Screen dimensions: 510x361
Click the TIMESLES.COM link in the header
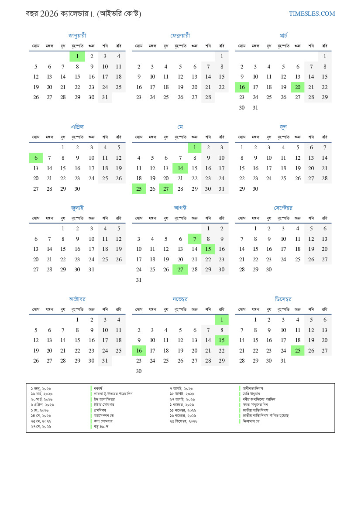[312, 14]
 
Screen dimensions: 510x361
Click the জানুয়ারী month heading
[77, 35]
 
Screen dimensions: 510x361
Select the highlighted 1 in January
[77, 56]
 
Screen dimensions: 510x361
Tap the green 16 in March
[242, 87]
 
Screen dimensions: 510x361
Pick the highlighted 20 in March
[298, 87]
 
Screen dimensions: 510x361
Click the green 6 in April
[36, 158]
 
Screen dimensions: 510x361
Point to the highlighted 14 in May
[180, 168]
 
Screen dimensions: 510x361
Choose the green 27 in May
[166, 189]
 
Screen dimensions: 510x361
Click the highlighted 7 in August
[195, 239]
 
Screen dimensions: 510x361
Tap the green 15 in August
[208, 249]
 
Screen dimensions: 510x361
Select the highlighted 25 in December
[298, 350]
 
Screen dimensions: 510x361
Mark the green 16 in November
[139, 350]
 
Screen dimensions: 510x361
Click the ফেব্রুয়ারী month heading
[180, 35]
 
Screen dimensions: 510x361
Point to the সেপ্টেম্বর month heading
[283, 208]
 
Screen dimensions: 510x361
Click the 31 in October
[105, 361]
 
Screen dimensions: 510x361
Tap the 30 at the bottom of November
[139, 371]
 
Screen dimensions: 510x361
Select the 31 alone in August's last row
[139, 280]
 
